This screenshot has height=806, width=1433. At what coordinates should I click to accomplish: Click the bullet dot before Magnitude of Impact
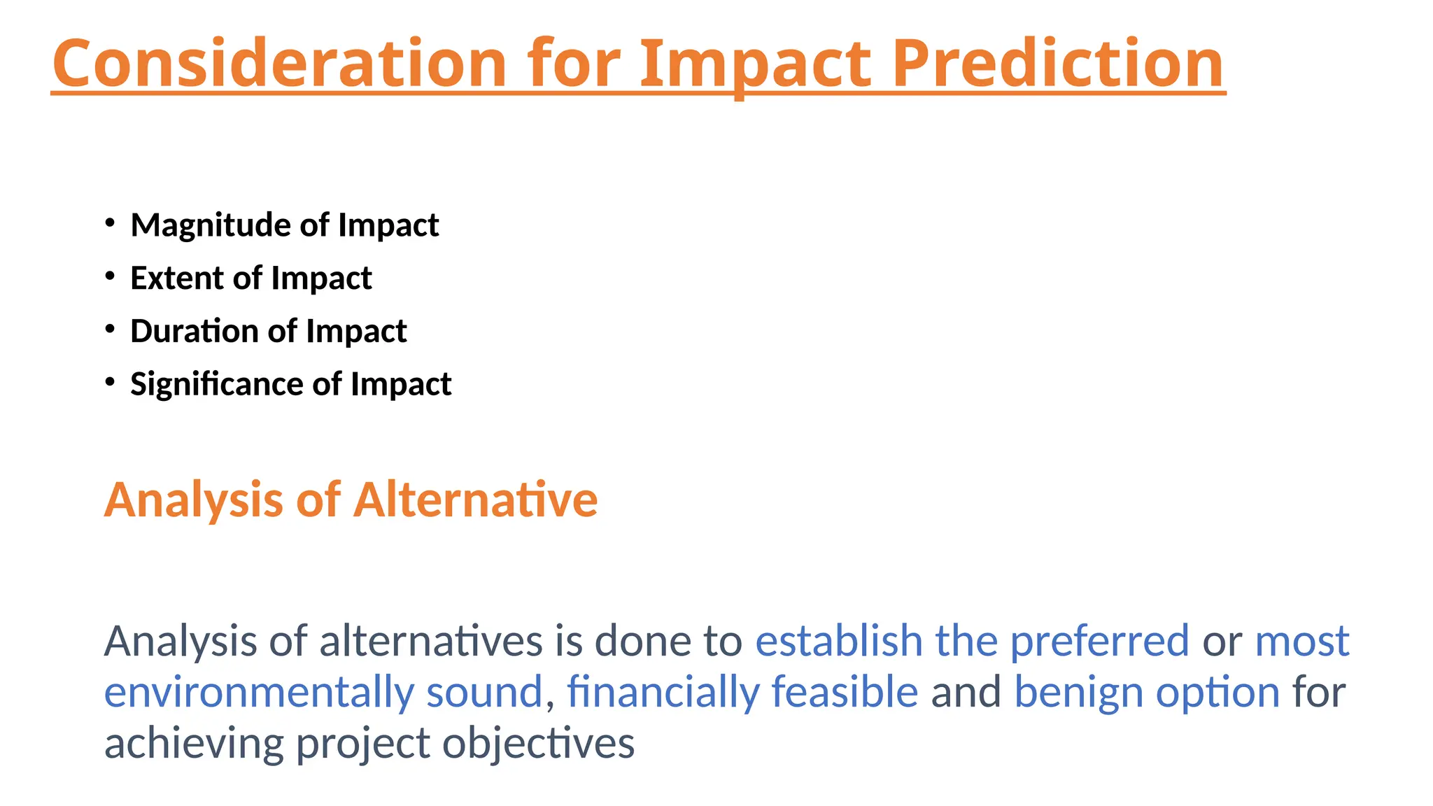click(x=110, y=223)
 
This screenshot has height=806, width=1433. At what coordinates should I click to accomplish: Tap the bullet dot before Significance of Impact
click(x=110, y=382)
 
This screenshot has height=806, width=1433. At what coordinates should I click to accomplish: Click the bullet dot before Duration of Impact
click(x=110, y=329)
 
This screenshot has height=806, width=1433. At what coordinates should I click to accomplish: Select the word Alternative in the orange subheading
click(x=475, y=500)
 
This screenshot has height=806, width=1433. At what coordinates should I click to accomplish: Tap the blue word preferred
click(x=1099, y=640)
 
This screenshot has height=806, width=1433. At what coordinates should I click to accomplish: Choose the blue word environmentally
click(x=259, y=692)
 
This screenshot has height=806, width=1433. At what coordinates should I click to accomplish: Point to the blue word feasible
click(x=845, y=692)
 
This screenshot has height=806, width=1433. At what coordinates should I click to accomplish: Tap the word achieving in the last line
click(x=194, y=743)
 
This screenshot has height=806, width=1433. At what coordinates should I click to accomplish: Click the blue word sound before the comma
click(x=484, y=692)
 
